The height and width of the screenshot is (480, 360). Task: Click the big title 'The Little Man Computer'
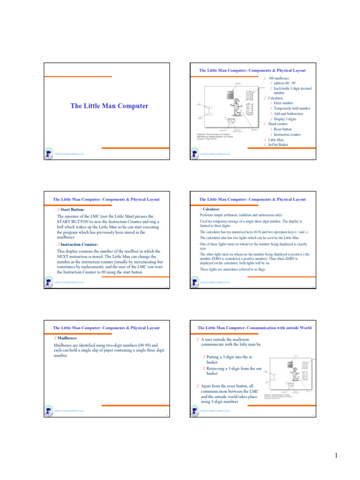click(x=109, y=106)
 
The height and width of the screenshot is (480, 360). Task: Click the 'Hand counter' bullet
click(x=278, y=124)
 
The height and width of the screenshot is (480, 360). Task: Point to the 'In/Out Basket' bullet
click(x=278, y=145)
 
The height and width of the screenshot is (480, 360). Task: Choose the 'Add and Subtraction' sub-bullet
click(x=288, y=113)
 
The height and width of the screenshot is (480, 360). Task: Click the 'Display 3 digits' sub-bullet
click(x=285, y=119)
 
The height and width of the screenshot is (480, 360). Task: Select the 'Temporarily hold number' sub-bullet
click(x=292, y=108)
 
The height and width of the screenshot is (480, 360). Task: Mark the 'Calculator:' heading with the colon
click(x=211, y=209)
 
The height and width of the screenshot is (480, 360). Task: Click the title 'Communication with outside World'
click(x=252, y=328)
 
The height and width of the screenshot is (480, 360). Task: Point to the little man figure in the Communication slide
click(x=295, y=375)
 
